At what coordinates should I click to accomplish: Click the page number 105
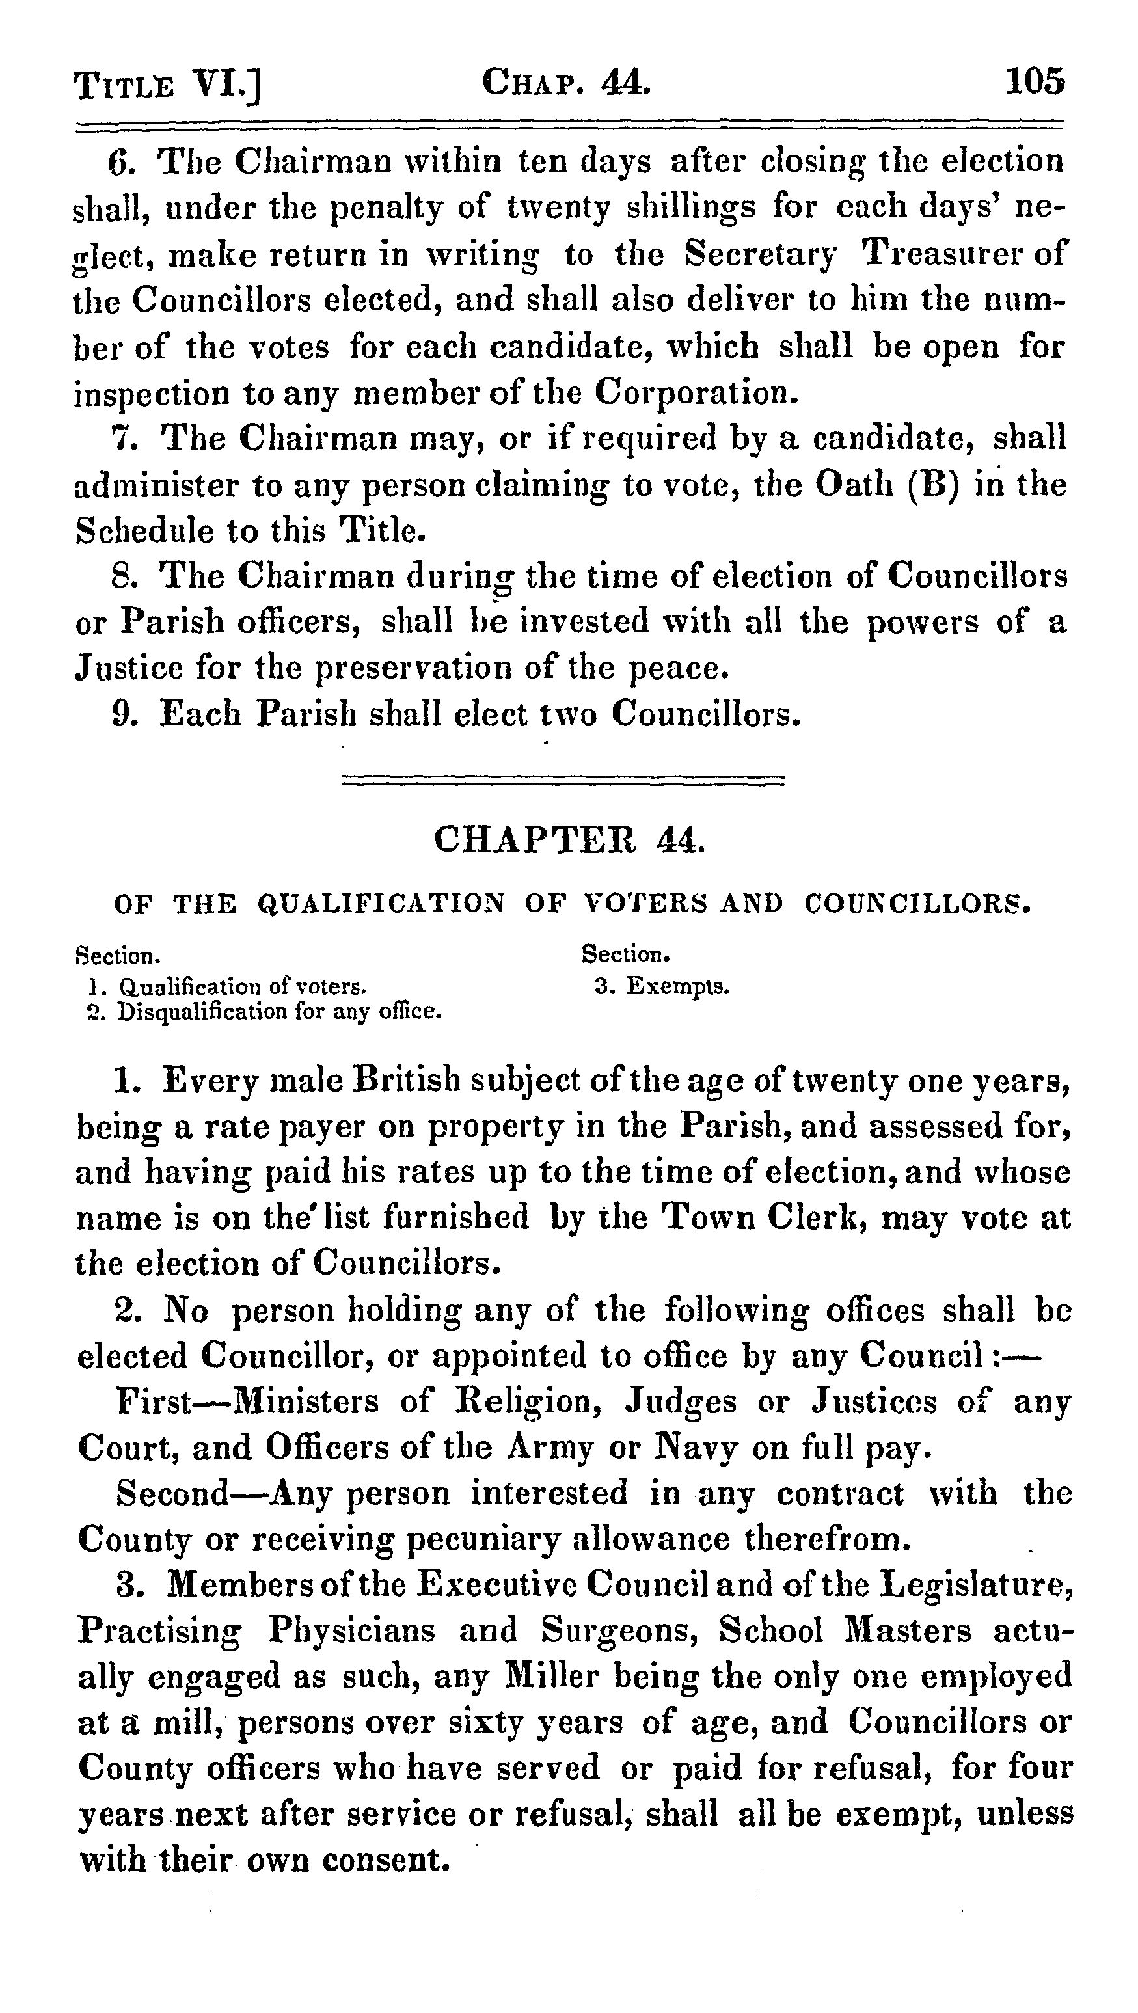tap(1034, 82)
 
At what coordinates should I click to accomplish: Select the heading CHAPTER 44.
tap(569, 840)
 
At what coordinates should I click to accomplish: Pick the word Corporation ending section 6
tap(696, 393)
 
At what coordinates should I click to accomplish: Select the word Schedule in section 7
tap(144, 531)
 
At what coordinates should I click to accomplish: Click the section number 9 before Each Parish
tap(121, 714)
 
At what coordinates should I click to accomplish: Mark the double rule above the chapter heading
tap(563, 780)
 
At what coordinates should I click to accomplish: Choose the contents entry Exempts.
tap(677, 987)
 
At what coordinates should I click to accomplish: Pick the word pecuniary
tap(484, 1539)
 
